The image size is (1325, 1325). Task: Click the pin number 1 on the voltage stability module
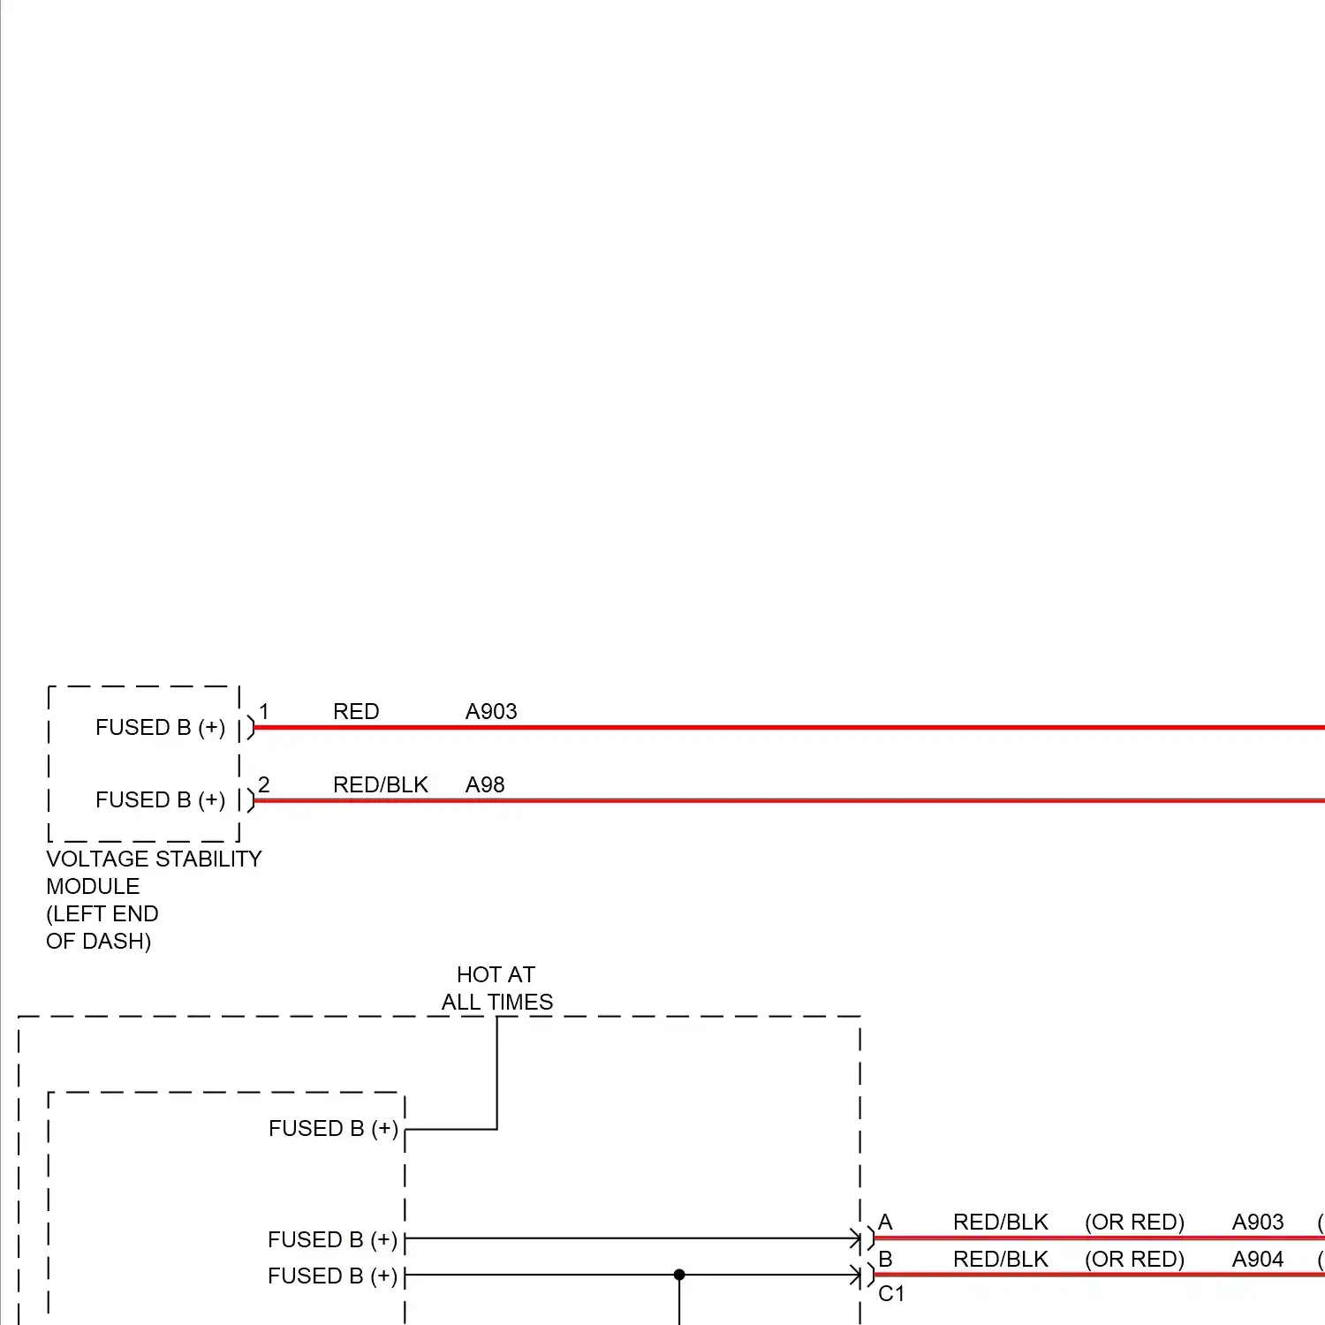point(263,712)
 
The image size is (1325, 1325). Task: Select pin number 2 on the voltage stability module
point(263,784)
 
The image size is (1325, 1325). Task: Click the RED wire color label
point(356,712)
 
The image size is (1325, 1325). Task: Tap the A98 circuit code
point(485,784)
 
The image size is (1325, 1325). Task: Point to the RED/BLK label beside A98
point(380,784)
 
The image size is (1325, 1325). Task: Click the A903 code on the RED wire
point(491,712)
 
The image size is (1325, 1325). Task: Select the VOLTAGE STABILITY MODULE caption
point(154,872)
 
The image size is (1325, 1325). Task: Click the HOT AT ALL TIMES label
point(496,988)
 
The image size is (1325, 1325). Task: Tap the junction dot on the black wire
point(679,1275)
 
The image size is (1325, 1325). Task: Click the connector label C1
point(891,1294)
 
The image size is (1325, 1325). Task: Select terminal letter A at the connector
point(885,1223)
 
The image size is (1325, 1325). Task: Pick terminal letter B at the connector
point(885,1259)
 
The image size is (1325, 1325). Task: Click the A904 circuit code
point(1258,1259)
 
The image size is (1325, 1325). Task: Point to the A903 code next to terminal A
point(1258,1223)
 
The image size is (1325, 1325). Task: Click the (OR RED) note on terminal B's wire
point(1134,1259)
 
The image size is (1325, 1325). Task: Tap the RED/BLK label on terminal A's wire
point(1000,1223)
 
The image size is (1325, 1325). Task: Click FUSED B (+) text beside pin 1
point(160,728)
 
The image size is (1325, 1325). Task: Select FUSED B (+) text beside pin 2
point(160,800)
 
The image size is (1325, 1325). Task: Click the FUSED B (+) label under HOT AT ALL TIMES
point(333,1129)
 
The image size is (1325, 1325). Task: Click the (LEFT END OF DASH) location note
point(102,927)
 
